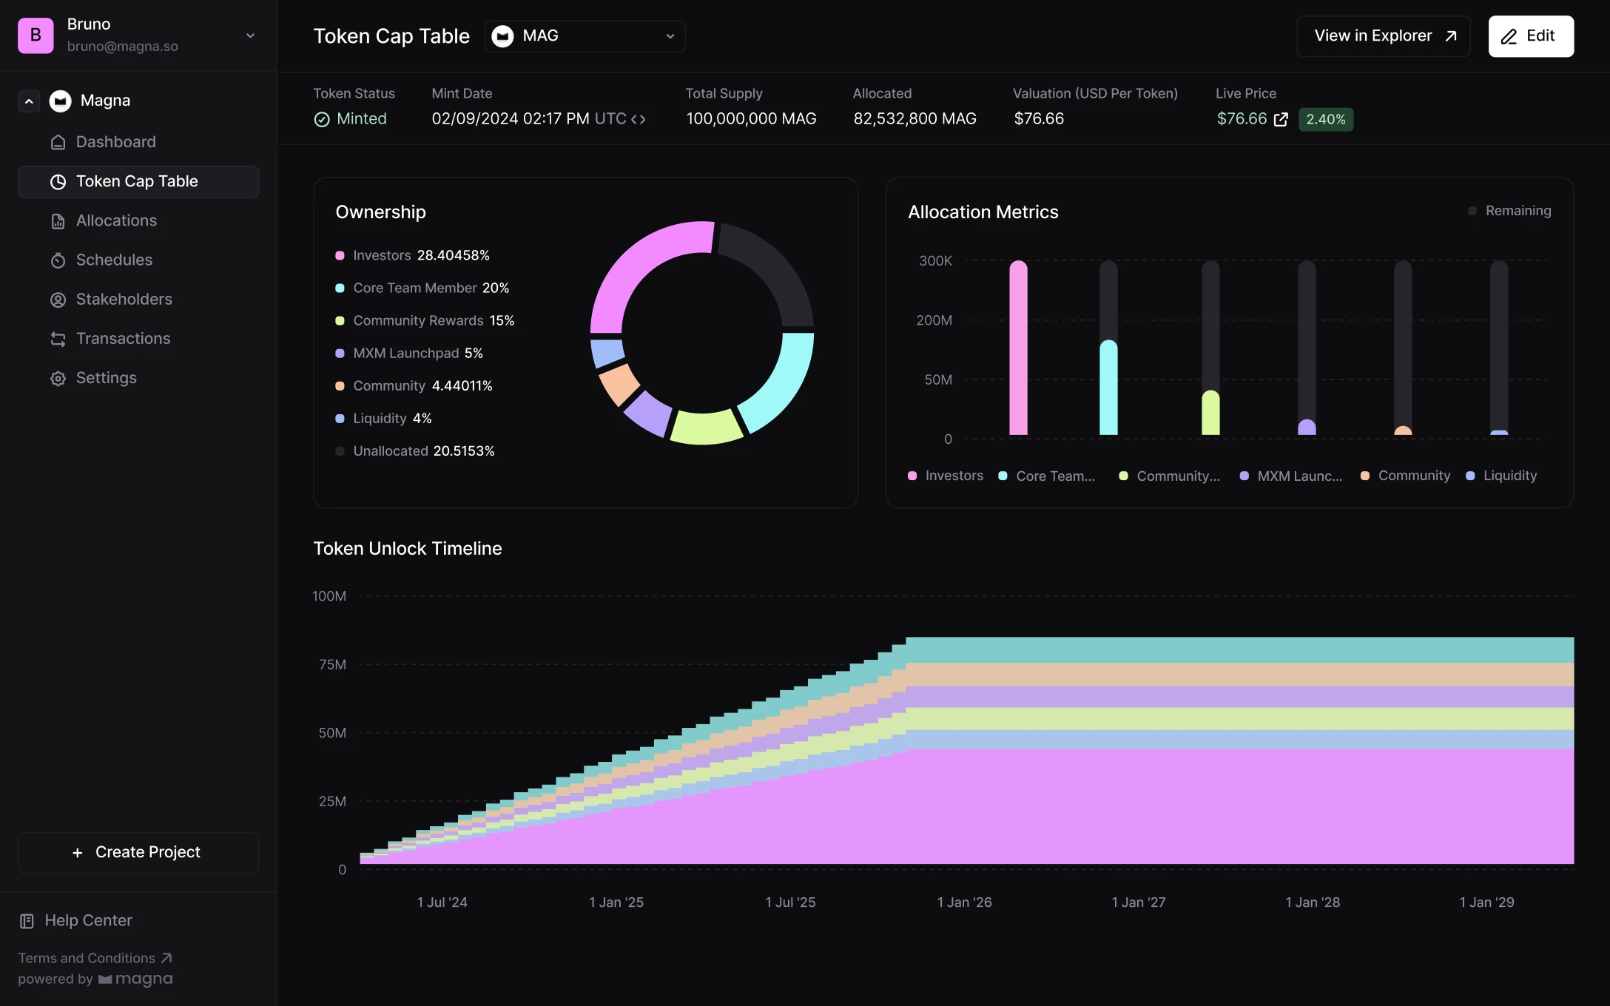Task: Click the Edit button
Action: [x=1530, y=36]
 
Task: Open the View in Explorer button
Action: [x=1383, y=36]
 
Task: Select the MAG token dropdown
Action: [x=585, y=36]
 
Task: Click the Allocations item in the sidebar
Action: [x=116, y=220]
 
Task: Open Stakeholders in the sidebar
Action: [x=124, y=299]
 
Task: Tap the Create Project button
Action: [x=138, y=852]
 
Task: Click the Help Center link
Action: [x=88, y=920]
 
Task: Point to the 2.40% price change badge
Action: [x=1325, y=119]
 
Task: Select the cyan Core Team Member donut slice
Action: [x=781, y=385]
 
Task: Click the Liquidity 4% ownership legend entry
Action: [x=392, y=418]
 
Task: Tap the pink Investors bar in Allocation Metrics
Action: [x=1018, y=348]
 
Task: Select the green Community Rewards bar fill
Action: [x=1210, y=414]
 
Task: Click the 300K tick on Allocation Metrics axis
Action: [x=935, y=260]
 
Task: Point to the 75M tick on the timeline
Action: [x=332, y=664]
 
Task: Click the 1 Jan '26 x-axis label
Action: [x=964, y=902]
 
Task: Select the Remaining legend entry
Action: [x=1517, y=211]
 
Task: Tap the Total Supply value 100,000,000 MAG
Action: [x=751, y=118]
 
